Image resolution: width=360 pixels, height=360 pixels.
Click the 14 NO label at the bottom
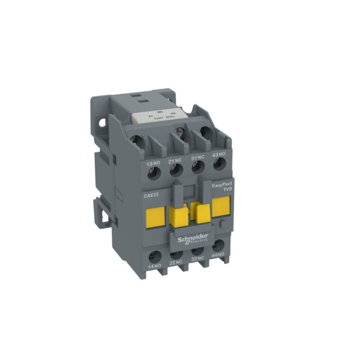[x=154, y=265]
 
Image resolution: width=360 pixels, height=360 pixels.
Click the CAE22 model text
[x=151, y=193]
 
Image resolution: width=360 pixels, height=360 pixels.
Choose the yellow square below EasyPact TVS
[x=221, y=207]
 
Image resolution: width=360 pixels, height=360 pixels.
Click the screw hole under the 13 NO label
[x=152, y=175]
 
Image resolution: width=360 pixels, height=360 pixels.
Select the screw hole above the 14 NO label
[x=154, y=253]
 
